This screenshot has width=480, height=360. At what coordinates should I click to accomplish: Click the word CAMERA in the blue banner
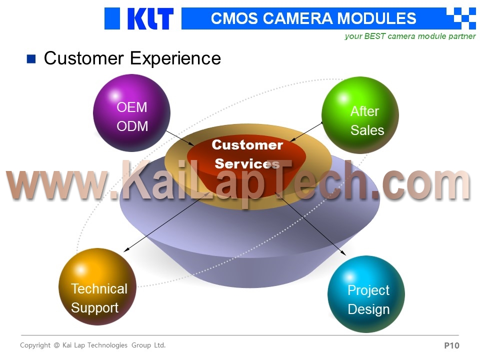297,18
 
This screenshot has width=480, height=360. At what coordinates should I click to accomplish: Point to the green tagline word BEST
374,36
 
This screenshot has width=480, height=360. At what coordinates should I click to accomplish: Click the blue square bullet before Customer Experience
31,59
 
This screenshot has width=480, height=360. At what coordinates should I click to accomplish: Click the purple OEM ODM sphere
131,113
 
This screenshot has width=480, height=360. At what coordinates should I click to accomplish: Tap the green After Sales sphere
360,115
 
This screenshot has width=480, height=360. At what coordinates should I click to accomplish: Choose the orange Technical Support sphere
97,286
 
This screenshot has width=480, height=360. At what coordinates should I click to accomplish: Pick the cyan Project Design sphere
366,294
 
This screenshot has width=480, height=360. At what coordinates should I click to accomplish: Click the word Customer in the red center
247,145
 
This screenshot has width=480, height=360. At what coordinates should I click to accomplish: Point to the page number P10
451,345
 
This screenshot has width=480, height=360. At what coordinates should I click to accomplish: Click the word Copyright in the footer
35,345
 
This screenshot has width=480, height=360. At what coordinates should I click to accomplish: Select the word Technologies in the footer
107,345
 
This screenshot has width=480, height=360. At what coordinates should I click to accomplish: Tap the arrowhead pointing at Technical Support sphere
126,250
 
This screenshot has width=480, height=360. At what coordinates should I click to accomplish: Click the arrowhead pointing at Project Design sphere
343,252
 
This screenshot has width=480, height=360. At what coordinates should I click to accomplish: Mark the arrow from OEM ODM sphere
180,138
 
